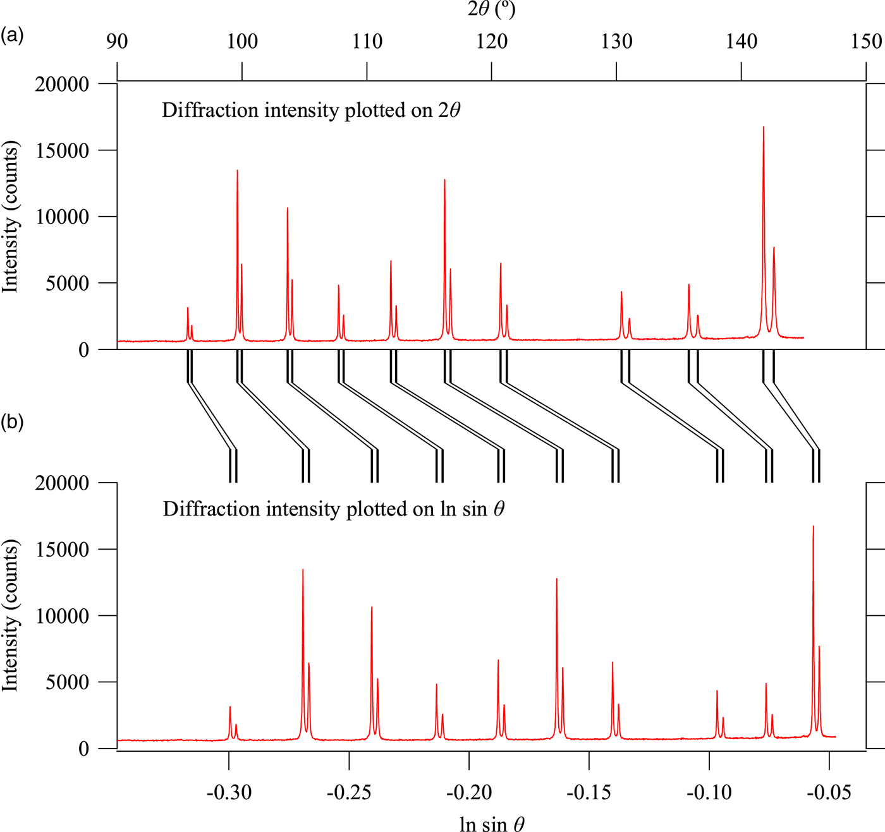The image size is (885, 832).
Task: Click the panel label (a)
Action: coord(12,35)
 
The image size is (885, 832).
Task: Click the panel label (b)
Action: coord(12,421)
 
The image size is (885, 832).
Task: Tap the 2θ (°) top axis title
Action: coord(491,9)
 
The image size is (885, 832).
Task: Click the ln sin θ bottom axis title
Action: coord(492,824)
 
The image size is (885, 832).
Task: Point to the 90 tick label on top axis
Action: coord(117,42)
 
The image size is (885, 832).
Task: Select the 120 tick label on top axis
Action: coord(491,42)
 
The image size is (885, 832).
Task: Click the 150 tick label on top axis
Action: coord(865,42)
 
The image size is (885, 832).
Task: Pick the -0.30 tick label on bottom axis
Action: coord(229,792)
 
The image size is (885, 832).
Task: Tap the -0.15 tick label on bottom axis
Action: coord(589,792)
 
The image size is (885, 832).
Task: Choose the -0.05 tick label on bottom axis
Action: coord(829,792)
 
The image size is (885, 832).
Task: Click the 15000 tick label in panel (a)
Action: coord(61,151)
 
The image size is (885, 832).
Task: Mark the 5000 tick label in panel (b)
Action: coord(67,682)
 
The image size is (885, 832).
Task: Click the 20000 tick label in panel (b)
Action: coord(61,483)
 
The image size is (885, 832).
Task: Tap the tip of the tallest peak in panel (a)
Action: coord(763,127)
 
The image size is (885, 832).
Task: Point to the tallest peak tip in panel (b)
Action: coord(813,526)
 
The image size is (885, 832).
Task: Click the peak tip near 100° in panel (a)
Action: coord(237,170)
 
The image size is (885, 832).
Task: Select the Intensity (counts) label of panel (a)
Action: coord(10,217)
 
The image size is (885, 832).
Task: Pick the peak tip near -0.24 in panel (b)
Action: coord(372,607)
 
